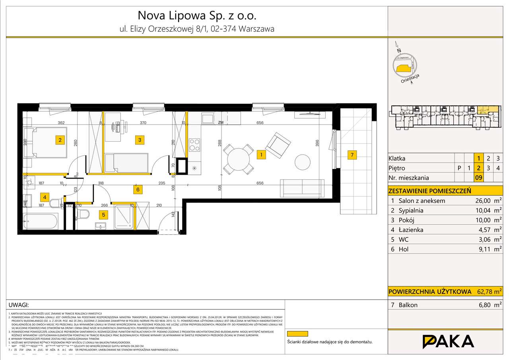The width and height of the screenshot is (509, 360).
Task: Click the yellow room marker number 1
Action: pos(261,155)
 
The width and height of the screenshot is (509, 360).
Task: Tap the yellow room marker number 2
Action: pos(60,140)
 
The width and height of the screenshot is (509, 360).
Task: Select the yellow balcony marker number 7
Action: pos(352,155)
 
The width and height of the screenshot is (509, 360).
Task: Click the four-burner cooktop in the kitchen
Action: pos(194,145)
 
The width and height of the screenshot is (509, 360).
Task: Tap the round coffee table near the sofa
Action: pos(302,162)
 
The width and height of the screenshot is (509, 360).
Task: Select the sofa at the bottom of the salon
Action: pos(302,187)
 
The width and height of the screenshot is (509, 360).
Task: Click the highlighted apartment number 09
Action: pos(479,178)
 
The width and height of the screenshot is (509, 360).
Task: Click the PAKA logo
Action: pos(448,342)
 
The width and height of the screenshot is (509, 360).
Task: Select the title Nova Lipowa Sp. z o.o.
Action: pos(197,16)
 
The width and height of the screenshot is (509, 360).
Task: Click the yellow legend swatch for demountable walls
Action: pos(297,334)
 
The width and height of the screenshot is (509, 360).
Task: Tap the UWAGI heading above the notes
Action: pos(19,305)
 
